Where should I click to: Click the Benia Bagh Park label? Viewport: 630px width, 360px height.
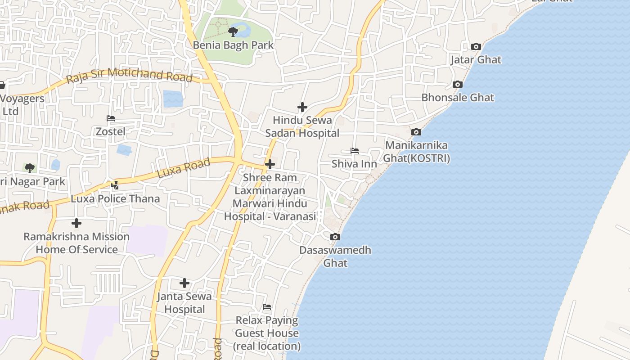point(233,45)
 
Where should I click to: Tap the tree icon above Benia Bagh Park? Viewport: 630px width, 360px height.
point(233,31)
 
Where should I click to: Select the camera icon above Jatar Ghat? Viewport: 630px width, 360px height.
point(476,46)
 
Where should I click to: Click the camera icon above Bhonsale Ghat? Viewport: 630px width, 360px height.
point(458,84)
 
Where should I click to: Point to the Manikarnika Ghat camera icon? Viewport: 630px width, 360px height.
point(416,132)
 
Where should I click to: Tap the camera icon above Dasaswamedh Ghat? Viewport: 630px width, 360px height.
point(335,237)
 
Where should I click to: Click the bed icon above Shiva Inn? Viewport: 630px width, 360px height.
point(355,151)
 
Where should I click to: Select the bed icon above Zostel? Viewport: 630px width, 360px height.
point(111,118)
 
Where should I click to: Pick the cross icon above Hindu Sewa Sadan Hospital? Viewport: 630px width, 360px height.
point(302,107)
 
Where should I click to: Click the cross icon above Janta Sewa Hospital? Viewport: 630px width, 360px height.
point(184,283)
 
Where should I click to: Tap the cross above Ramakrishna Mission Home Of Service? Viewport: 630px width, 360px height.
point(76,223)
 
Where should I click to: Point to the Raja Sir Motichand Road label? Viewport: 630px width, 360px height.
point(129,75)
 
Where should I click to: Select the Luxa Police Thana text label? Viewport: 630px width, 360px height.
point(115,199)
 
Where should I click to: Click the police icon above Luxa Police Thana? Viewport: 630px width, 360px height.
point(115,184)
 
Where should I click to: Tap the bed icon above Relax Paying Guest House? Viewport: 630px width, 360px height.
point(267,307)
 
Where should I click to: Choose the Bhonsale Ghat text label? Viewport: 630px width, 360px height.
point(458,98)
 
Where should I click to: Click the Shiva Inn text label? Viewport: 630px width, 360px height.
point(354,164)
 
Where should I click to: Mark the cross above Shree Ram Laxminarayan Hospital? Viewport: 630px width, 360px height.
point(270,164)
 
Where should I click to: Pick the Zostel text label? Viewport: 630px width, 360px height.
point(111,132)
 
